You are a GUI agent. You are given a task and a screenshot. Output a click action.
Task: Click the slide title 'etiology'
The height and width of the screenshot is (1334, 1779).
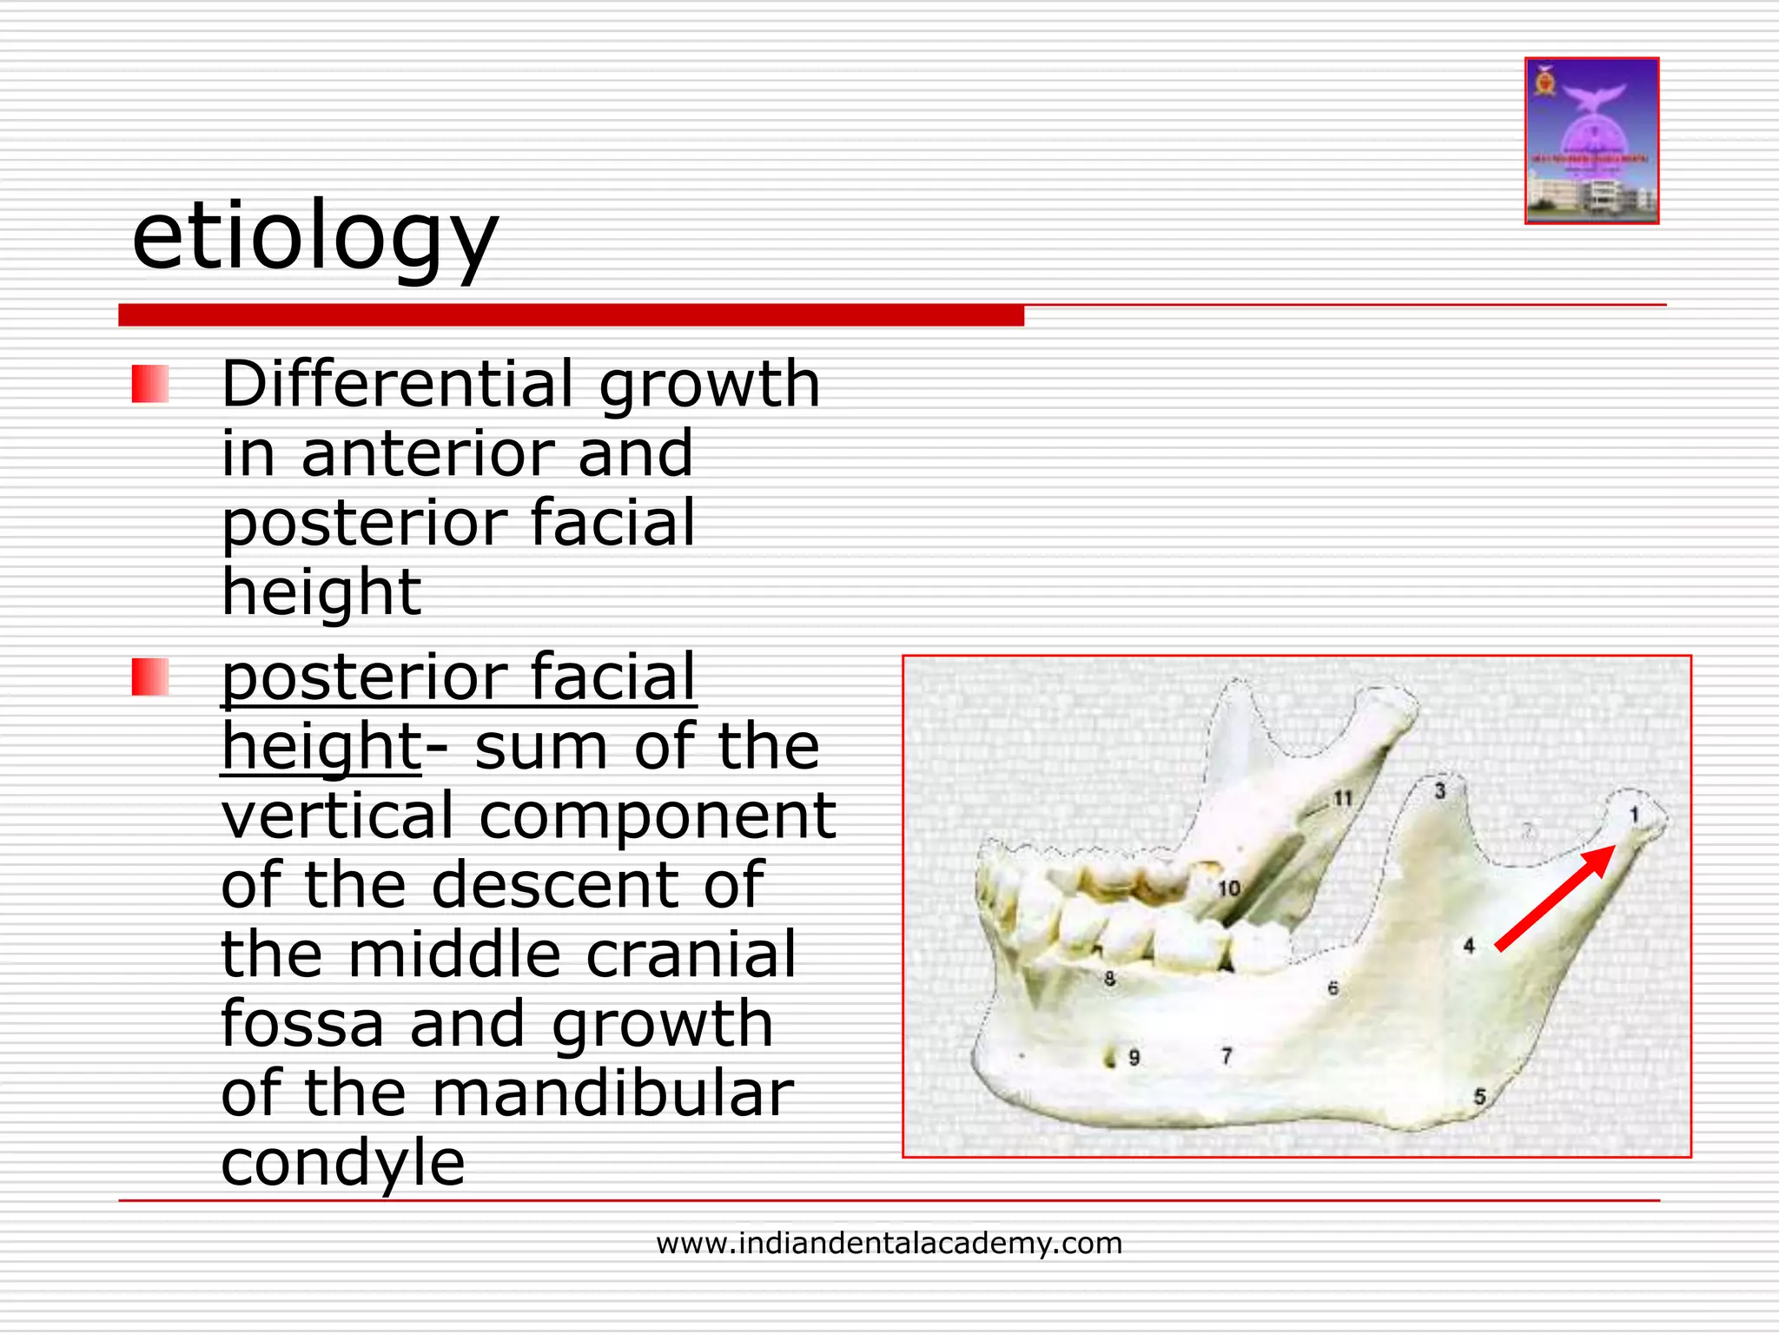tap(314, 236)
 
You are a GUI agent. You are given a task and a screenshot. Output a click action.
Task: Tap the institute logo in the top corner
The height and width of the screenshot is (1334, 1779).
tap(1591, 141)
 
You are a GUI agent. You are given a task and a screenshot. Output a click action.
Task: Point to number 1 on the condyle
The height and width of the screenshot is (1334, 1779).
tap(1634, 815)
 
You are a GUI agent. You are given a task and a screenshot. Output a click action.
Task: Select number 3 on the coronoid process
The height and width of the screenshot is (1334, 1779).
tap(1439, 790)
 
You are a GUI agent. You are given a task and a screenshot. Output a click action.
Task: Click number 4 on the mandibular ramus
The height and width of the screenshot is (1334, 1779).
tap(1469, 945)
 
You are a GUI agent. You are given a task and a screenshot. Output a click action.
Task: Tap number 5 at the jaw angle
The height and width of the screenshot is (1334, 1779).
tap(1479, 1096)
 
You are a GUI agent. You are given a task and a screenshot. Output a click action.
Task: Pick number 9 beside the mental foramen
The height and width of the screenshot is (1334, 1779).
tap(1134, 1057)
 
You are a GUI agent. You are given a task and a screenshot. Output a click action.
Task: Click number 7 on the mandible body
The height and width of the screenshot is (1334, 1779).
tap(1227, 1055)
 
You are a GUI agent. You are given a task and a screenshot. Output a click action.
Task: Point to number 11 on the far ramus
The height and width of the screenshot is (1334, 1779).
tap(1343, 797)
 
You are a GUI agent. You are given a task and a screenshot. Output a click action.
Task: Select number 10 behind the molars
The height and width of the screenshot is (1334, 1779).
tap(1228, 888)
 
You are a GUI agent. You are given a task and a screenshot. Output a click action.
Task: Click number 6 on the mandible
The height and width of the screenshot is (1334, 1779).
tap(1333, 988)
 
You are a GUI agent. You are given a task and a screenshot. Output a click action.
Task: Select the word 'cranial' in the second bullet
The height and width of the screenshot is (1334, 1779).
tap(691, 954)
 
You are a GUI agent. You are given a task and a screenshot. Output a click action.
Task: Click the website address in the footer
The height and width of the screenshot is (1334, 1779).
tap(889, 1243)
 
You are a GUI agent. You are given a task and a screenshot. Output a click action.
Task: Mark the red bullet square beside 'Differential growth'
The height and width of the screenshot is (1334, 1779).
tap(149, 384)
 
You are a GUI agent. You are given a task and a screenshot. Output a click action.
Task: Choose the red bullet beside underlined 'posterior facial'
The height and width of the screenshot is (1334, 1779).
tap(149, 677)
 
